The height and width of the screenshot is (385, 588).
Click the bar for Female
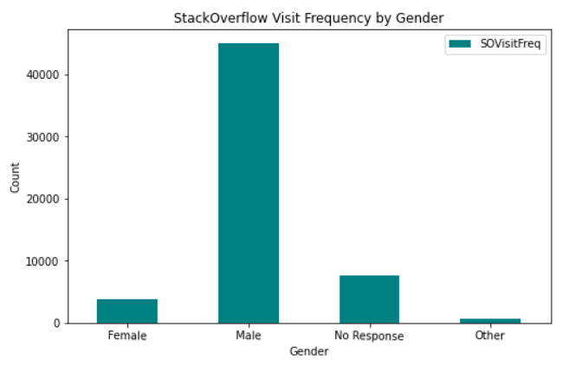pos(127,311)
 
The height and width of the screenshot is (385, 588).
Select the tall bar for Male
pos(249,183)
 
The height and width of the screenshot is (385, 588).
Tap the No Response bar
pos(370,298)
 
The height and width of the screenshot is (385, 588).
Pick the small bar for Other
pos(490,320)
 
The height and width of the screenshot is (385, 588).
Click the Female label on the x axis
pos(127,336)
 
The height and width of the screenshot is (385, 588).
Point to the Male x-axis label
pos(249,336)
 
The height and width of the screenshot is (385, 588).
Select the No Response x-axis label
pos(370,336)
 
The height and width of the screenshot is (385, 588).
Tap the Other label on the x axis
pos(490,336)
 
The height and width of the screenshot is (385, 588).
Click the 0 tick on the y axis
pos(56,324)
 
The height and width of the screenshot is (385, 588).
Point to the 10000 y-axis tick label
pos(42,261)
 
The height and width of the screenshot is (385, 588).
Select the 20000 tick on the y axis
pos(42,199)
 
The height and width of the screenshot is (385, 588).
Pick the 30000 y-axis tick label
pos(42,137)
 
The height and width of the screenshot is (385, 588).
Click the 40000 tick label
pos(42,75)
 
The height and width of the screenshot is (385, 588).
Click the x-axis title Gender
pos(309,352)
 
